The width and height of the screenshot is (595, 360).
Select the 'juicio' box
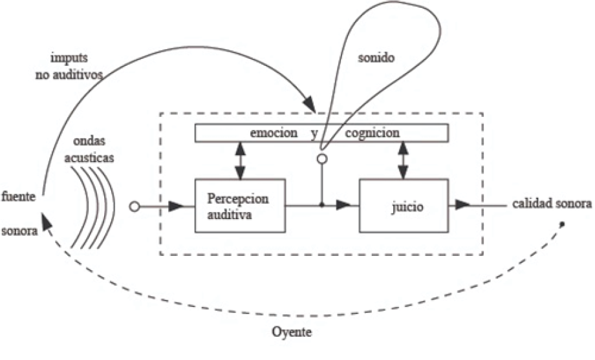coord(404,206)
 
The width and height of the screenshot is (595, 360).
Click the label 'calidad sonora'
coord(552,204)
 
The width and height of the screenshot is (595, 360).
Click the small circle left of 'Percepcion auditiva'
coord(135,207)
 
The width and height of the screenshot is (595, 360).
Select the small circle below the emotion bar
coord(321,158)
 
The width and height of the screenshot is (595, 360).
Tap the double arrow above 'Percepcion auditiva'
coord(241,160)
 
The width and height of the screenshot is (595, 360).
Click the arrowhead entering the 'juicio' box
coord(344,206)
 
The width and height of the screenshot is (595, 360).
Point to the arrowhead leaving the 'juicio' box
coord(462,206)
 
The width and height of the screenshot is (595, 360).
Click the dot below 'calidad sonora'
coord(562,224)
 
